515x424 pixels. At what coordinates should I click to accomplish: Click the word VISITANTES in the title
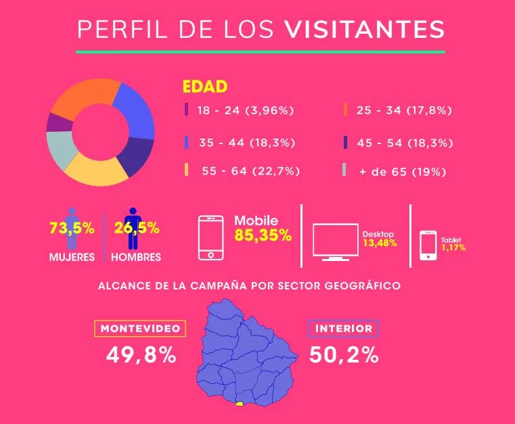364,29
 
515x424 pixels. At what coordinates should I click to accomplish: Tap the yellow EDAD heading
205,87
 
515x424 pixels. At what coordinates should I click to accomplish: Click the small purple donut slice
59,123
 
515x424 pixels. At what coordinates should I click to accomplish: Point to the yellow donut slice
95,170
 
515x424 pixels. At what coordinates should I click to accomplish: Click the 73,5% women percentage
72,228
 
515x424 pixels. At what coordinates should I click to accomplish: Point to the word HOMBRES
136,257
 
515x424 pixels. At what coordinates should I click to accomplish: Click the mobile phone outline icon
211,238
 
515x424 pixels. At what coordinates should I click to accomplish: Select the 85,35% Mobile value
263,235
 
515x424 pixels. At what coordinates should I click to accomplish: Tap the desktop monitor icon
336,242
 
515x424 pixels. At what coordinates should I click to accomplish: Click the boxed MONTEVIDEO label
140,329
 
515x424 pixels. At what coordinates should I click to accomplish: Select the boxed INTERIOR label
344,329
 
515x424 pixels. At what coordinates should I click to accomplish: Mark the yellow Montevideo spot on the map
239,404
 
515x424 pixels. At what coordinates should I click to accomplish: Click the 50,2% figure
344,355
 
